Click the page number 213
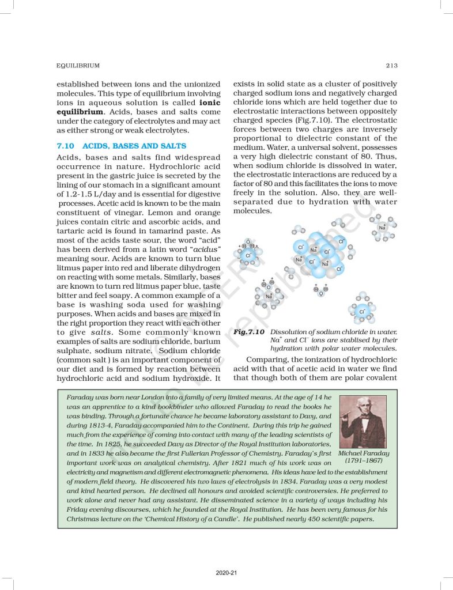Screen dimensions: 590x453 coord(392,66)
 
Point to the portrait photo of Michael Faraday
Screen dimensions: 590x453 coord(363,422)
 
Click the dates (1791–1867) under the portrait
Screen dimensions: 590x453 coord(363,461)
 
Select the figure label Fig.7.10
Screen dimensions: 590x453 coord(249,332)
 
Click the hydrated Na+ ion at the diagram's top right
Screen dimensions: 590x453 coord(383,227)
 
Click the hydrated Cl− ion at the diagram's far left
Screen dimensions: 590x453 coord(248,254)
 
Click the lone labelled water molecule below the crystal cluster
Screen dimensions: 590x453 coord(320,290)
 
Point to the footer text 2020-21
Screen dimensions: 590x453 coord(226,573)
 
